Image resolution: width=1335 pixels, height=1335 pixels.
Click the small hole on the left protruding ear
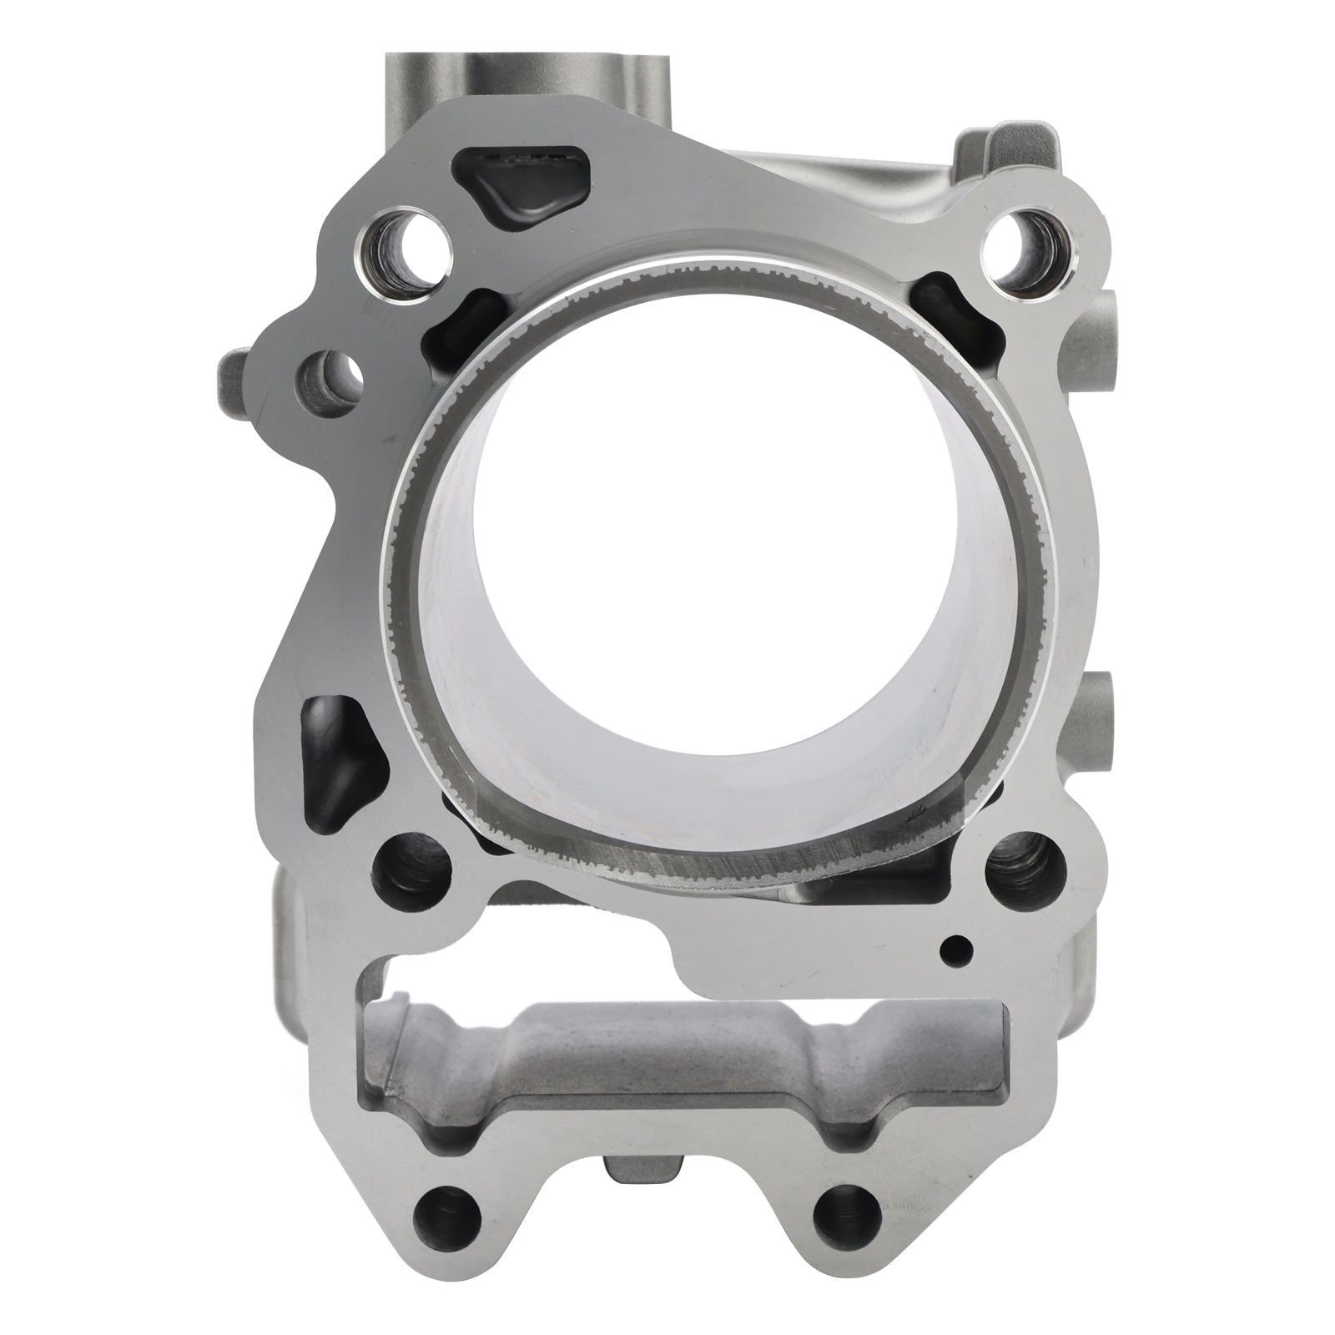pyautogui.click(x=329, y=377)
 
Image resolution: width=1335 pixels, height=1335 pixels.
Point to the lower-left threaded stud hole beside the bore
pyautogui.click(x=413, y=868)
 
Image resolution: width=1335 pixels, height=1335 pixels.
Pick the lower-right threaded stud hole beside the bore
pyautogui.click(x=1025, y=871)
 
